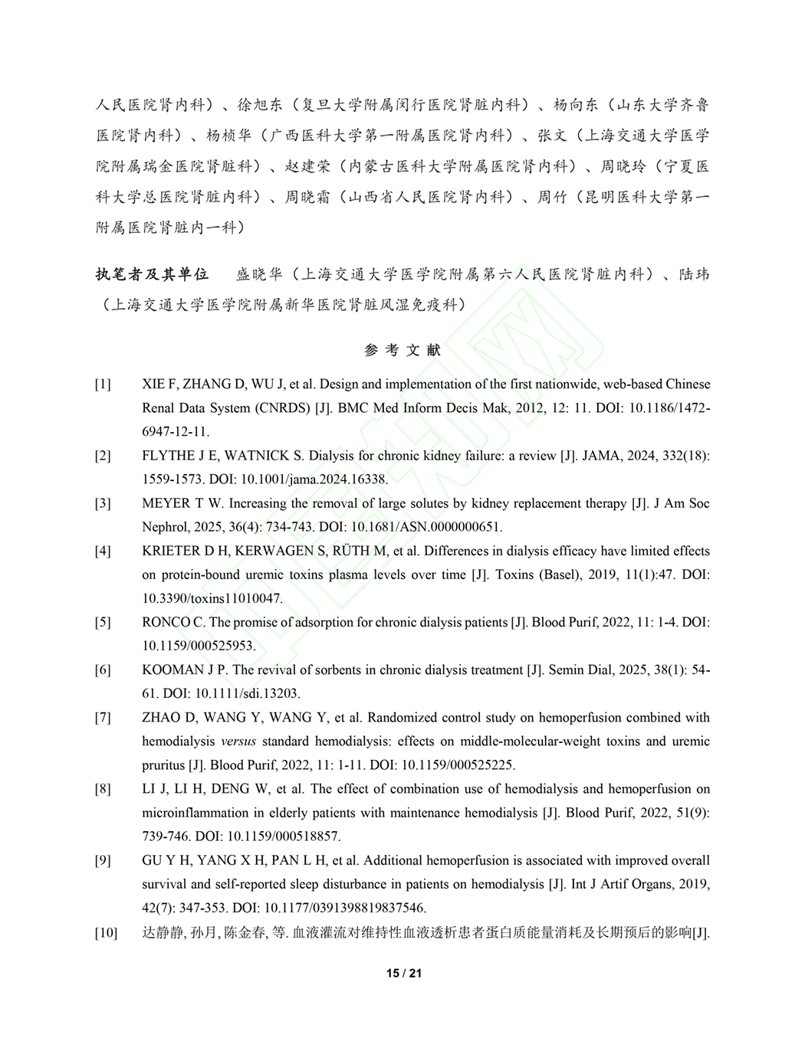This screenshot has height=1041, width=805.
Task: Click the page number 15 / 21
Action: click(403, 973)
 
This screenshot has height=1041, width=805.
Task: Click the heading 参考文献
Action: click(402, 350)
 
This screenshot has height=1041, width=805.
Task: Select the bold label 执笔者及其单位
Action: click(152, 274)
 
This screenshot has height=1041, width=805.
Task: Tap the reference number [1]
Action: click(103, 385)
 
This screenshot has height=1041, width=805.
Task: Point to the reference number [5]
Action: click(103, 623)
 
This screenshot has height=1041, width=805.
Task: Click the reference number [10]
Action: click(106, 932)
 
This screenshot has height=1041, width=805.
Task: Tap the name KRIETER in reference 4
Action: click(169, 551)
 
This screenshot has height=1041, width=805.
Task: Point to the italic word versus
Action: click(238, 741)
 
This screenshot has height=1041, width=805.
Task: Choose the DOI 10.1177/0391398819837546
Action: click(344, 908)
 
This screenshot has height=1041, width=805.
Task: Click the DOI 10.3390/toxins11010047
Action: click(212, 598)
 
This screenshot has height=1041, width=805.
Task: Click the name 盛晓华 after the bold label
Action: click(259, 274)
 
